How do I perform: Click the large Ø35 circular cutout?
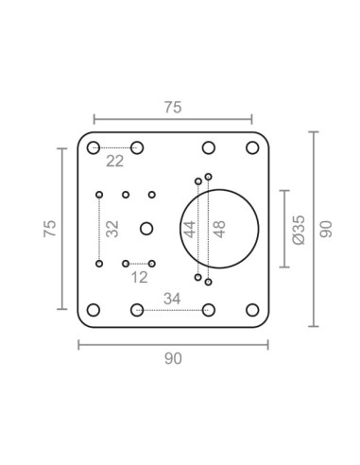219,228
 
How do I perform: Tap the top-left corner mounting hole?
93,147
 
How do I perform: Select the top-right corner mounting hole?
252,147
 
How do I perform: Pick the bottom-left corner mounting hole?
93,309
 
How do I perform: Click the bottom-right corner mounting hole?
252,309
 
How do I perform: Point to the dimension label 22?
114,162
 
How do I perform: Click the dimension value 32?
112,229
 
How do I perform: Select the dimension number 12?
139,277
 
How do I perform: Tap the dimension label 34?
172,299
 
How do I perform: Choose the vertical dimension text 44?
189,229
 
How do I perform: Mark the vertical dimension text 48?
219,229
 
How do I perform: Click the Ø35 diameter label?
299,229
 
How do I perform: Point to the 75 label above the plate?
172,107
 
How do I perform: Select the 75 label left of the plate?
50,228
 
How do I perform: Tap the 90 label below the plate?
172,358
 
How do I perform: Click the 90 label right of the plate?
327,229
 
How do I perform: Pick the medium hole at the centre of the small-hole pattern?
146,228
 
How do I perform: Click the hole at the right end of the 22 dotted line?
137,147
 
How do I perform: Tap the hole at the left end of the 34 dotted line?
137,309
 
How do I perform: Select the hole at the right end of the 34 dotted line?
208,309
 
